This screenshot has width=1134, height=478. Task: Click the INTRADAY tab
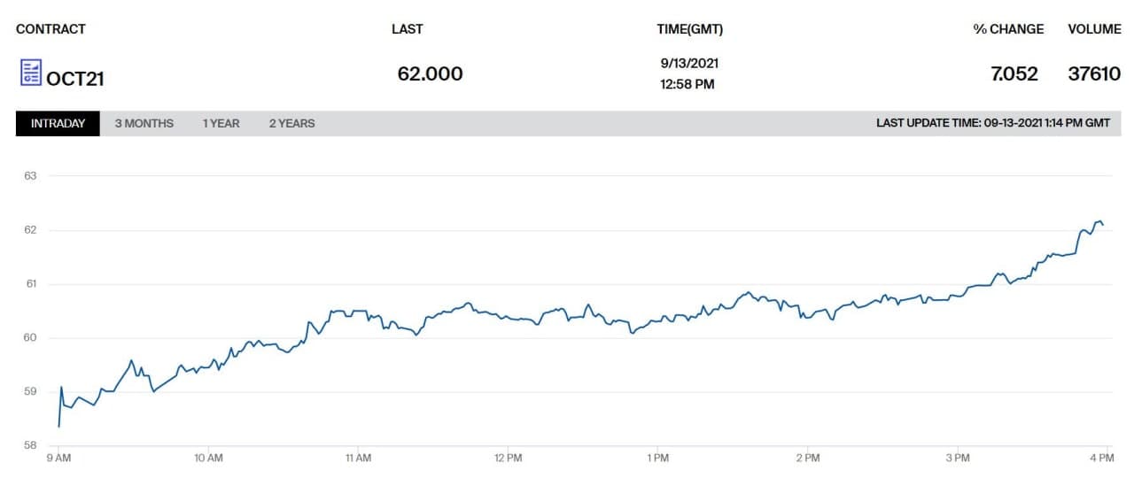(58, 124)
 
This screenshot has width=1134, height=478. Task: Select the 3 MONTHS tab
(144, 124)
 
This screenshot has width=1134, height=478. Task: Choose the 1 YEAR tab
(221, 124)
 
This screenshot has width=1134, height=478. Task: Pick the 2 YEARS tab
(291, 124)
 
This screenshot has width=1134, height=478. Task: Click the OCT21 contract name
(75, 79)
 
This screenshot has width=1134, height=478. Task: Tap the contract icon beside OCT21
(31, 73)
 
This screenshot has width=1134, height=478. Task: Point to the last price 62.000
(430, 73)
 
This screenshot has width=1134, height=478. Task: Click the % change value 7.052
(1014, 73)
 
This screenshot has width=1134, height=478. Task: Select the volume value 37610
(1094, 73)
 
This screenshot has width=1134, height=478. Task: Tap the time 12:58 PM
(687, 85)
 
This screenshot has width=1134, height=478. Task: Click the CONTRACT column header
(50, 29)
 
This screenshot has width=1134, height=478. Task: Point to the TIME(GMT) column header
(689, 29)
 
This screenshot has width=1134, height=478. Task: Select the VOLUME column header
(1094, 29)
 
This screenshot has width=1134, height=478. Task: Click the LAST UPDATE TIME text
(992, 124)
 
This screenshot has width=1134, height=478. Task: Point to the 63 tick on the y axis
(30, 176)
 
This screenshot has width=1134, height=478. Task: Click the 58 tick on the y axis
(30, 445)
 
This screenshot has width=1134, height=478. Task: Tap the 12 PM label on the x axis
(509, 459)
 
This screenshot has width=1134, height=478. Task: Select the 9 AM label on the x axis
(58, 459)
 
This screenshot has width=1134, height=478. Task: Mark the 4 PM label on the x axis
(1101, 459)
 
